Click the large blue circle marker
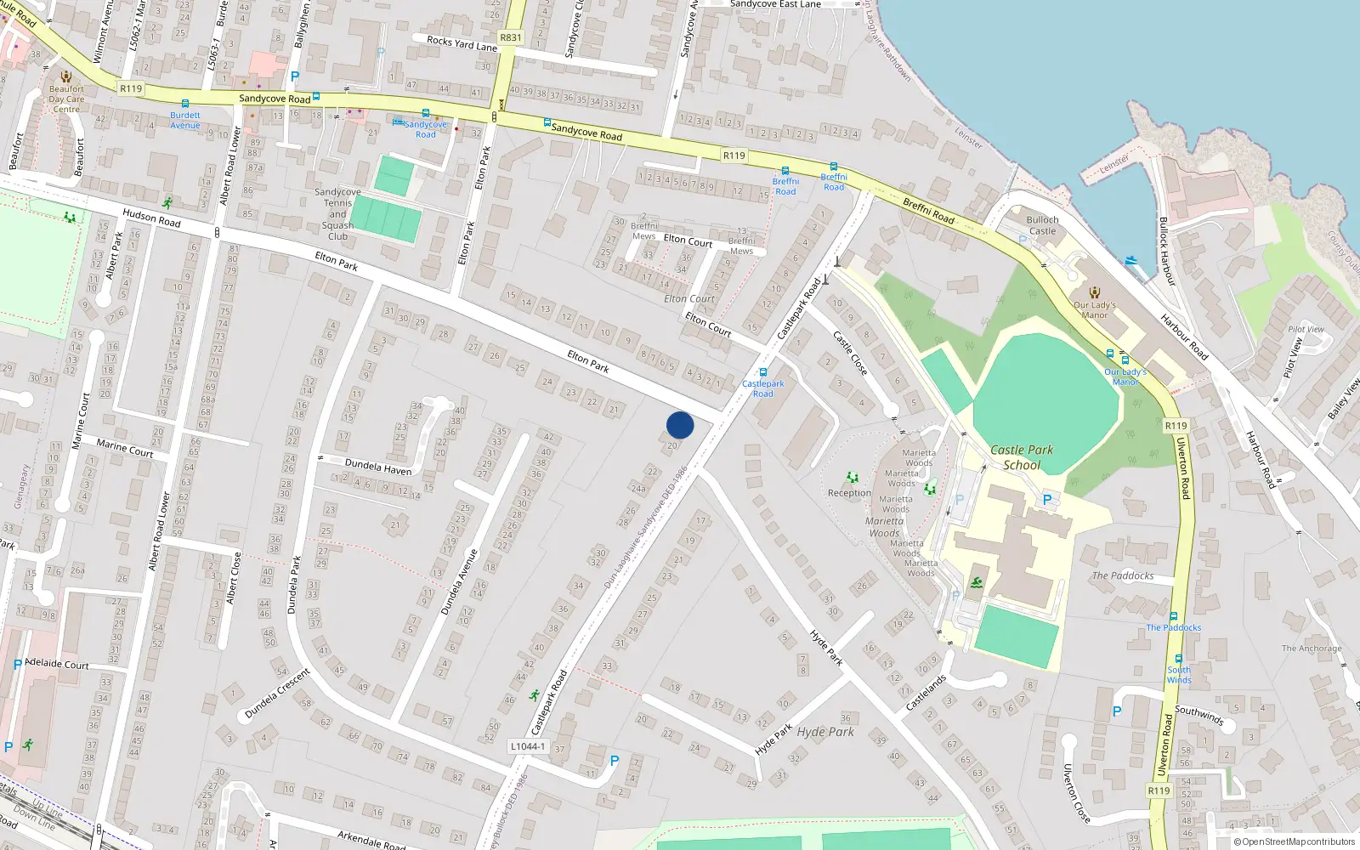click(x=680, y=425)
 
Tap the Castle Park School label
click(x=1022, y=457)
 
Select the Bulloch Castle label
click(x=1042, y=225)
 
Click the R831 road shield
click(x=511, y=37)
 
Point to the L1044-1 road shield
click(x=527, y=746)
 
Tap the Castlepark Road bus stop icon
click(x=763, y=372)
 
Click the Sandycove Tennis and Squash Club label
click(x=337, y=214)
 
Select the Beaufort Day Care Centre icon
click(x=66, y=76)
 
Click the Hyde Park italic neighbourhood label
click(x=825, y=732)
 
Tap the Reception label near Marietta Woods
click(x=849, y=493)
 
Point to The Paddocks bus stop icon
click(x=1173, y=617)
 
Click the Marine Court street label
click(x=125, y=448)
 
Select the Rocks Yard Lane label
click(x=462, y=43)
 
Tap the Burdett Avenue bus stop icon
click(x=184, y=104)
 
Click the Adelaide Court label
click(x=57, y=664)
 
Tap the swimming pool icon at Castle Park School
click(x=977, y=582)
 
